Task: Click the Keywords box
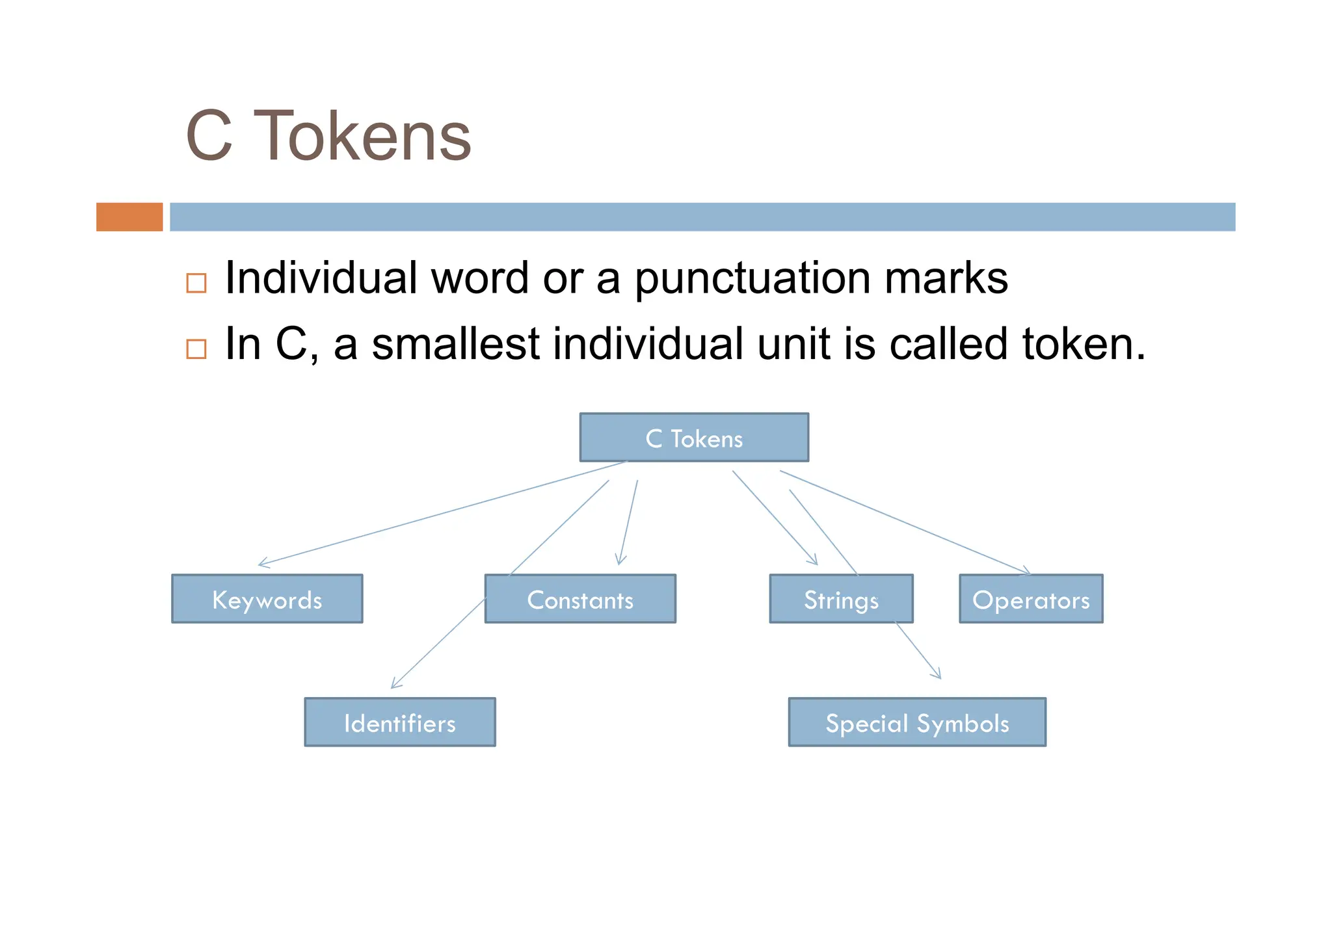267,599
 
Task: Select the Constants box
580,599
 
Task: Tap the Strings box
841,599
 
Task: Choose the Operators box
1031,599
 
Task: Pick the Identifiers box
399,722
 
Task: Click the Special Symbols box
917,722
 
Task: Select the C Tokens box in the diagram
694,438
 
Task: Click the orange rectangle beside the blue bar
129,217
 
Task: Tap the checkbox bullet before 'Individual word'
196,283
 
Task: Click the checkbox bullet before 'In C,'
196,349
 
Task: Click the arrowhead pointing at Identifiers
393,685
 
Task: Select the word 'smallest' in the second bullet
455,344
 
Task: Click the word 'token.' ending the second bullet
1083,344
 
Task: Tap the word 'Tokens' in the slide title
362,137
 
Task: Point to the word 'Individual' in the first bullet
321,278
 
